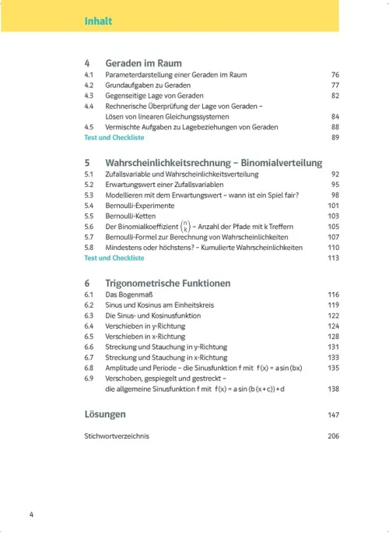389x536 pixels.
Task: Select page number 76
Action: [335, 75]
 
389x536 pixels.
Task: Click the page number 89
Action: [335, 137]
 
